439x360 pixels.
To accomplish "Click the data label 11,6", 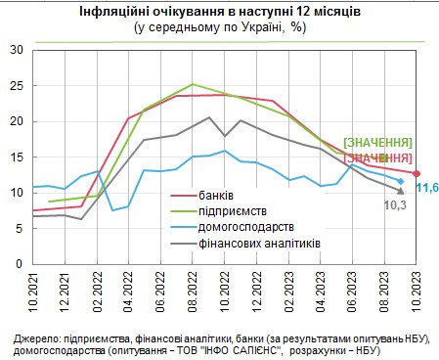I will click(x=427, y=186).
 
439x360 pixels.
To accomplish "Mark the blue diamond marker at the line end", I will click(x=400, y=181).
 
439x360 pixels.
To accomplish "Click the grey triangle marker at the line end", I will click(x=400, y=190).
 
